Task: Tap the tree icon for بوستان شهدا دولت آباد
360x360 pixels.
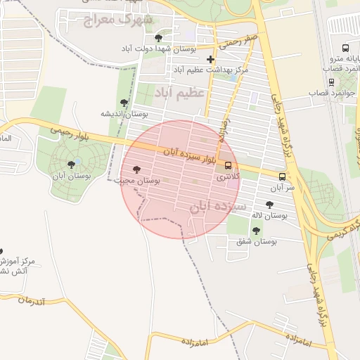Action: [x=157, y=37]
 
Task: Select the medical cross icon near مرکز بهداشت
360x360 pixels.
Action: [x=210, y=59]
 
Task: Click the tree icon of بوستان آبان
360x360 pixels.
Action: [x=71, y=165]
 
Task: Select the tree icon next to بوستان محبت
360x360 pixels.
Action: [x=136, y=169]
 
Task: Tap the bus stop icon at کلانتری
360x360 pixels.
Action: [x=229, y=166]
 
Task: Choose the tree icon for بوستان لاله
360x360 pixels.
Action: [x=269, y=204]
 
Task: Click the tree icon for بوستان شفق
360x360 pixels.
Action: [x=256, y=230]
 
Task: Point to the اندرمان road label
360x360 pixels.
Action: [x=31, y=301]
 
